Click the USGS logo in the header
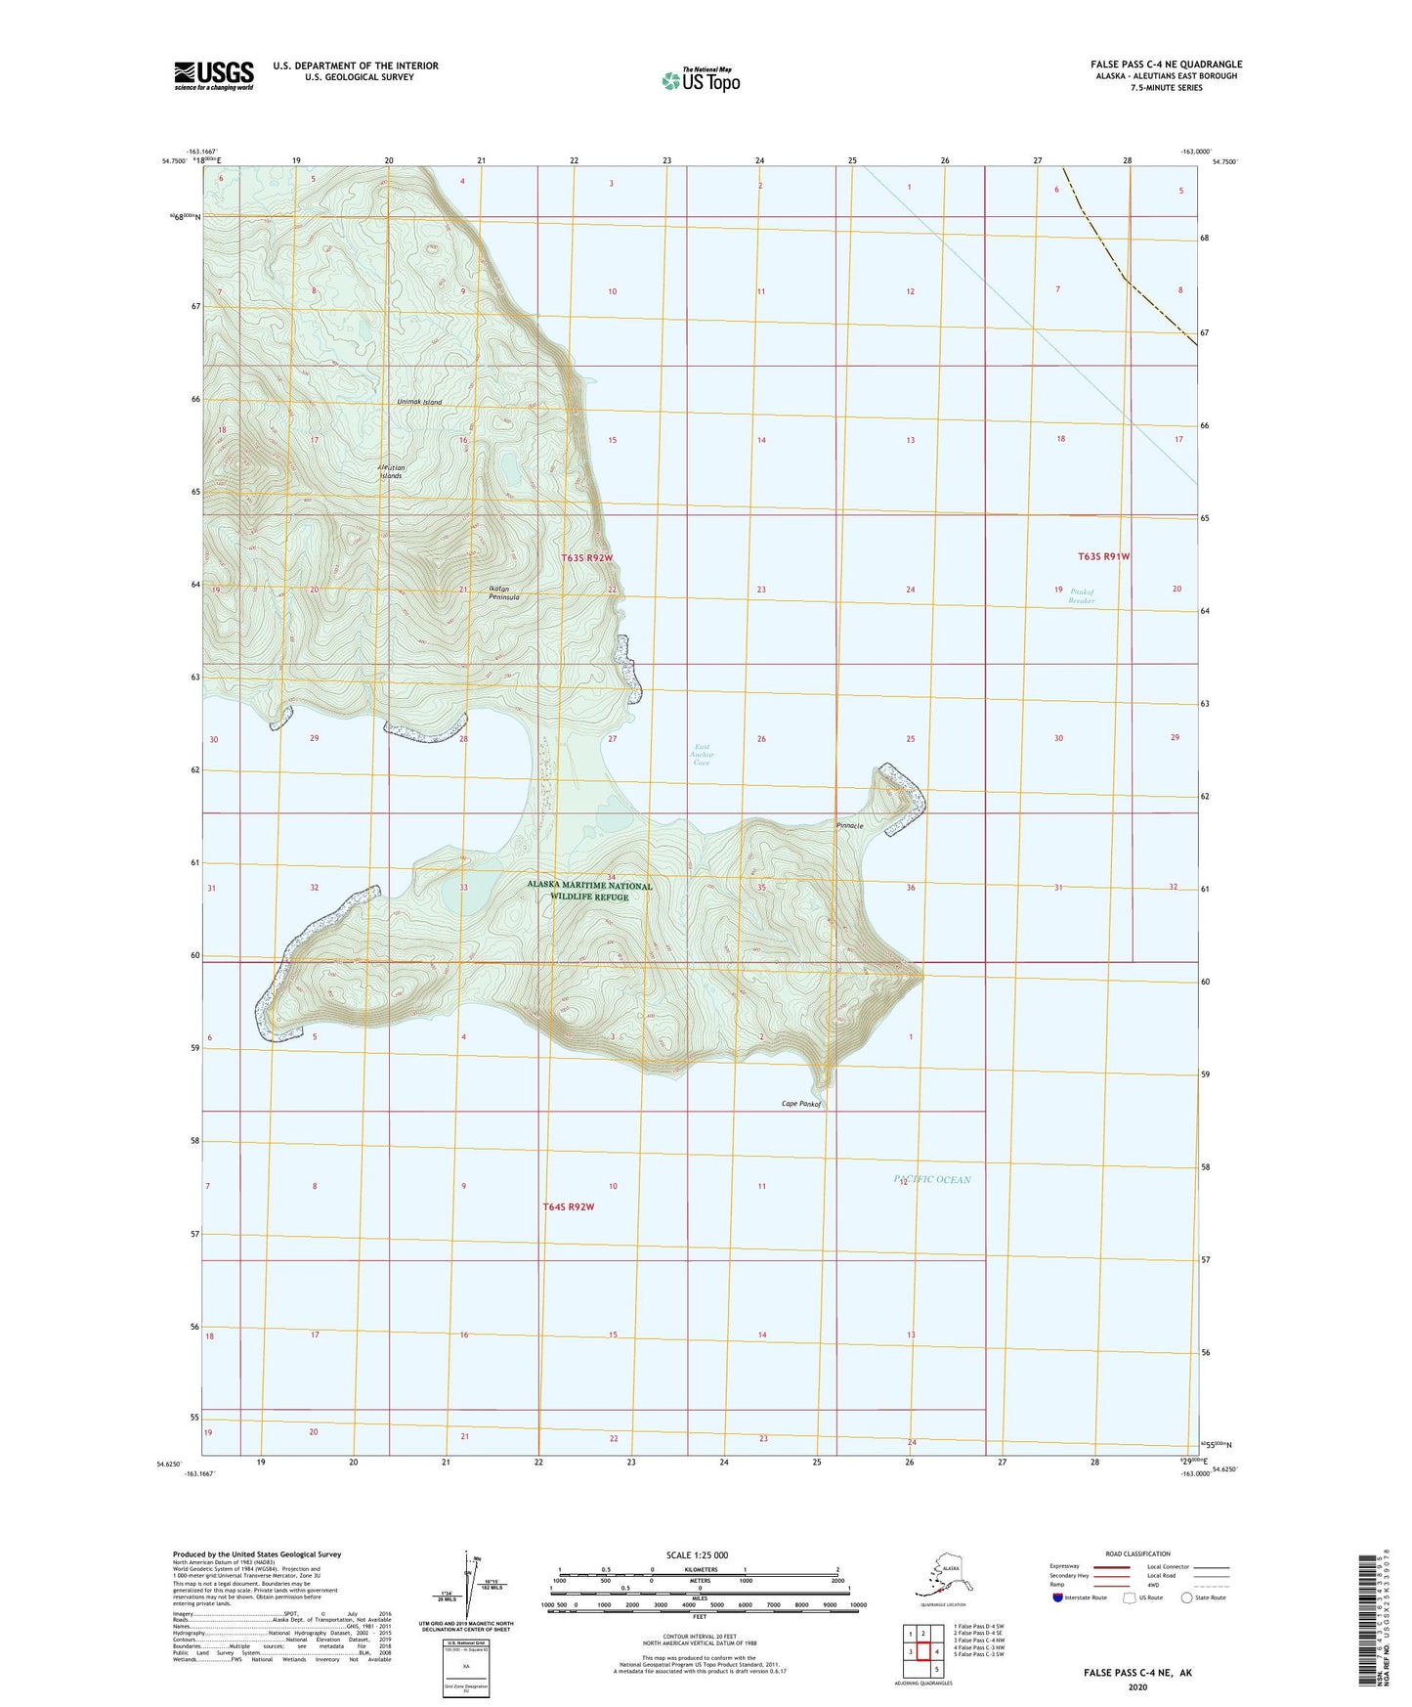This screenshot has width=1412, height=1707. pos(214,75)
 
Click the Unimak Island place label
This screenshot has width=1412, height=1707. pos(419,403)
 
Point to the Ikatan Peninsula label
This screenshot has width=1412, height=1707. pos(504,593)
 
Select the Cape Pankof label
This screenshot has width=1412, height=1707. pos(800,1104)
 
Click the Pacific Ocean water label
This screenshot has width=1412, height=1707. pos(932,1179)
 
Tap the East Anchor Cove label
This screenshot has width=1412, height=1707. pos(702,756)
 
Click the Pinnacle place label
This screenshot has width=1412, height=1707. pos(849,826)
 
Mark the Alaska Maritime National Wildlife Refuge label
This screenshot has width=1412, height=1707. pos(589,891)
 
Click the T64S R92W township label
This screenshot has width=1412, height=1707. pos(569,1206)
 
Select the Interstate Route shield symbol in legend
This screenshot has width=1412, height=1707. pos(1059,1598)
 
